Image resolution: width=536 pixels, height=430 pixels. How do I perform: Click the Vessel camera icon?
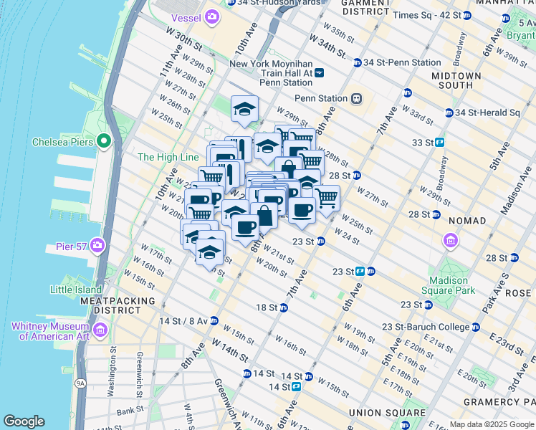(212, 16)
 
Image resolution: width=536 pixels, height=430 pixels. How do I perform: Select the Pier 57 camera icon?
(97, 247)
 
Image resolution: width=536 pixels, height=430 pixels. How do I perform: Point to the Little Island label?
(76, 290)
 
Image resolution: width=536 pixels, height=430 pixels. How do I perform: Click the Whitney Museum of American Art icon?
(100, 330)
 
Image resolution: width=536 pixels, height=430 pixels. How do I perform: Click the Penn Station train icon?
(355, 98)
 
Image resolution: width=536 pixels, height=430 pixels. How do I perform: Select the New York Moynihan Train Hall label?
(271, 73)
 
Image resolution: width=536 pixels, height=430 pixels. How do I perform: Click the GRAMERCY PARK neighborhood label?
(494, 402)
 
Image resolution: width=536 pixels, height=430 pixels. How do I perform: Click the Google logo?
(24, 421)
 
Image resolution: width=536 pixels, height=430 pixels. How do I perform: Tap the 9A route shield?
(80, 383)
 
